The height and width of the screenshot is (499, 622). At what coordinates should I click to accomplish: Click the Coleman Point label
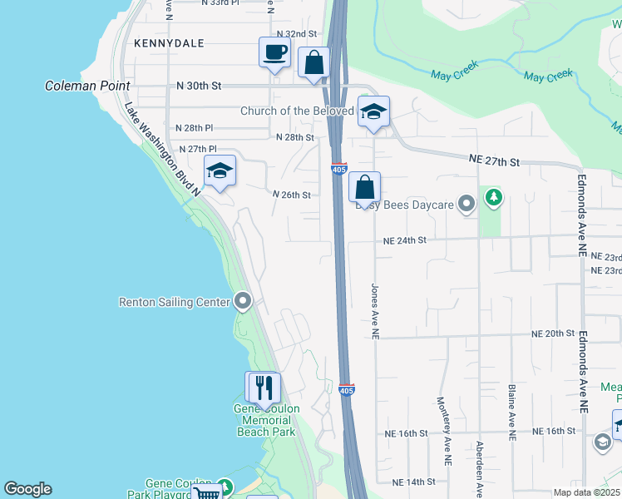pos(88,86)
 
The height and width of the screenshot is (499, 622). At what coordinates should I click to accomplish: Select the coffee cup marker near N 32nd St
pos(274,53)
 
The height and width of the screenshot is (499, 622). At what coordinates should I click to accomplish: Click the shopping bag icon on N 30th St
pos(313,63)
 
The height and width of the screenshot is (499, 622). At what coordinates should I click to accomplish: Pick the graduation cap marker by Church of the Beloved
pos(374,111)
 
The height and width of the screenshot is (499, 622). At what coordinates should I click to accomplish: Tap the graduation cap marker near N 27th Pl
pos(220,171)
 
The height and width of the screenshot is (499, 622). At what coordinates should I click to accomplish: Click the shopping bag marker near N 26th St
pos(364,188)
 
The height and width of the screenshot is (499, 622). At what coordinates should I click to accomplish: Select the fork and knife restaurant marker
pos(264,388)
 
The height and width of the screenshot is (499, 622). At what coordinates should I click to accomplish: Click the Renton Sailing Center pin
pos(243,300)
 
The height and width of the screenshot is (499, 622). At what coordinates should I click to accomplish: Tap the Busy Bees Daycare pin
pos(467,202)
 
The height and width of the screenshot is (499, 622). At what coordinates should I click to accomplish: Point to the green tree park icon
pos(495,197)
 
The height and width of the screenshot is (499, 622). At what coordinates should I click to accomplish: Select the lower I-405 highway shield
pos(347,388)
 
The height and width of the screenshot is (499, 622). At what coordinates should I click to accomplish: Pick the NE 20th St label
pos(554,333)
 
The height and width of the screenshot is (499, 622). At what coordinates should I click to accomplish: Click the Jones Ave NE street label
pos(375,309)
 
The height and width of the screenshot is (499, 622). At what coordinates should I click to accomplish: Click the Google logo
pos(27,489)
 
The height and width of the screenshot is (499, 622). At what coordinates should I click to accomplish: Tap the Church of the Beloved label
pos(297,111)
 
